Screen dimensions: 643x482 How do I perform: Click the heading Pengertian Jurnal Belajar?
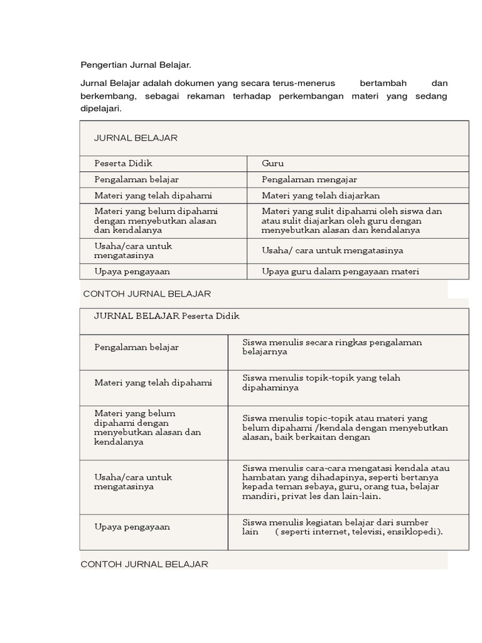point(136,65)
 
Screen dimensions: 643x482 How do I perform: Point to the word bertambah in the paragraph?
point(383,83)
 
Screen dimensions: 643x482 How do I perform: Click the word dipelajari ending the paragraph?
point(100,108)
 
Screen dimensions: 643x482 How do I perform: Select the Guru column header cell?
point(273,163)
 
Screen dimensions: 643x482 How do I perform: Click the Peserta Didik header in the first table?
point(123,163)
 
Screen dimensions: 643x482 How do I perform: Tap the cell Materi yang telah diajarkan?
point(321,195)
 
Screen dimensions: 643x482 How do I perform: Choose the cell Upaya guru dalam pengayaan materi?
point(340,271)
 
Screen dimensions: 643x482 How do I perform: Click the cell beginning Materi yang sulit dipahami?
point(351,220)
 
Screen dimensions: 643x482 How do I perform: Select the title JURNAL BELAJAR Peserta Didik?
point(167,316)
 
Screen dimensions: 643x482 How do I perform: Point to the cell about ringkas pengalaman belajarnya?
point(332,347)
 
